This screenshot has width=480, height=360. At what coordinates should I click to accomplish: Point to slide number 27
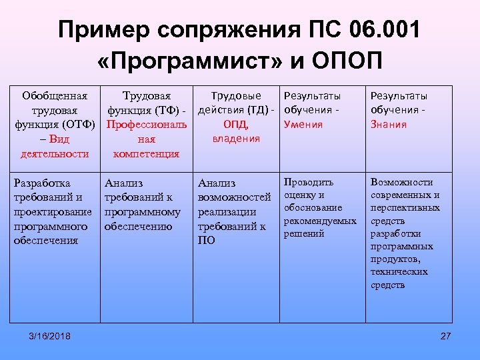446,335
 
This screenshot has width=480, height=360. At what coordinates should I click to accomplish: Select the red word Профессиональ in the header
147,125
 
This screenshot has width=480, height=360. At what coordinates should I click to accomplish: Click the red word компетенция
147,154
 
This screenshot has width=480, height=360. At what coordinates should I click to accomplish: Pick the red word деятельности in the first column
55,154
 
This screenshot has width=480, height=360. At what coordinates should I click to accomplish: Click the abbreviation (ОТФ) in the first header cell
79,125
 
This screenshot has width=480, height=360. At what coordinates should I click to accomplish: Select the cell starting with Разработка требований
53,211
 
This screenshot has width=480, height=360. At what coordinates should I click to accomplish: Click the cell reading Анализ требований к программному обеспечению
143,204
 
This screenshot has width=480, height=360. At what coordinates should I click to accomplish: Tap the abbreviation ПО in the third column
206,241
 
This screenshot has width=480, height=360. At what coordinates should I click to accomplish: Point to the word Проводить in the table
309,182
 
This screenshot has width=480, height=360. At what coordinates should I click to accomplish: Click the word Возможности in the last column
401,182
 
